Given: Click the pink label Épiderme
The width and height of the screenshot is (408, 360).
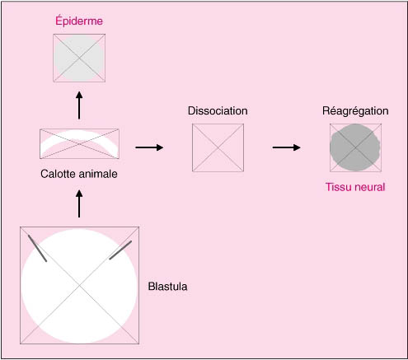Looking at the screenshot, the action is pos(79,21).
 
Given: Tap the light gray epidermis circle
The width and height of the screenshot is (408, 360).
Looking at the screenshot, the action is pos(79,58).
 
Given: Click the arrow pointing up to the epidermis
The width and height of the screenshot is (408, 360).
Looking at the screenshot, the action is pos(79,105).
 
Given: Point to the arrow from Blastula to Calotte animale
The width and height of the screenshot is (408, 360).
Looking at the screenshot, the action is pos(79,204).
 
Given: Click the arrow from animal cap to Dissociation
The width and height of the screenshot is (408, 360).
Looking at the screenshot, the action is pos(149,147).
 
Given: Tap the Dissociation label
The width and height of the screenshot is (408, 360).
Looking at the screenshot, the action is pos(218,111).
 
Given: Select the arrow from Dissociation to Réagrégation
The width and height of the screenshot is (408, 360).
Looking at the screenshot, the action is pos(286,147).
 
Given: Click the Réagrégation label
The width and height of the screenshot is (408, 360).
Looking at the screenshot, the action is pos(355,111).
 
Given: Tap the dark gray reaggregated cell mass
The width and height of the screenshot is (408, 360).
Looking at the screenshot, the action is pos(355,147).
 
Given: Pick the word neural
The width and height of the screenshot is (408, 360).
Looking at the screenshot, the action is pos(369,187).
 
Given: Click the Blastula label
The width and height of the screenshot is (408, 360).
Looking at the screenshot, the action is pos(167,287).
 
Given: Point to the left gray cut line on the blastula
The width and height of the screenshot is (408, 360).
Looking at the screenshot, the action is pos(37,248).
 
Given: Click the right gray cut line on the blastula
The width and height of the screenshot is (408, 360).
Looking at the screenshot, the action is pos(120,250).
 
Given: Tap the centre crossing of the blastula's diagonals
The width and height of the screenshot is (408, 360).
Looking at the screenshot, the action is pos(79,286).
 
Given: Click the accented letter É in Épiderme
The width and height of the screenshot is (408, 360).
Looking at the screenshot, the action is pos(59,21).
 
